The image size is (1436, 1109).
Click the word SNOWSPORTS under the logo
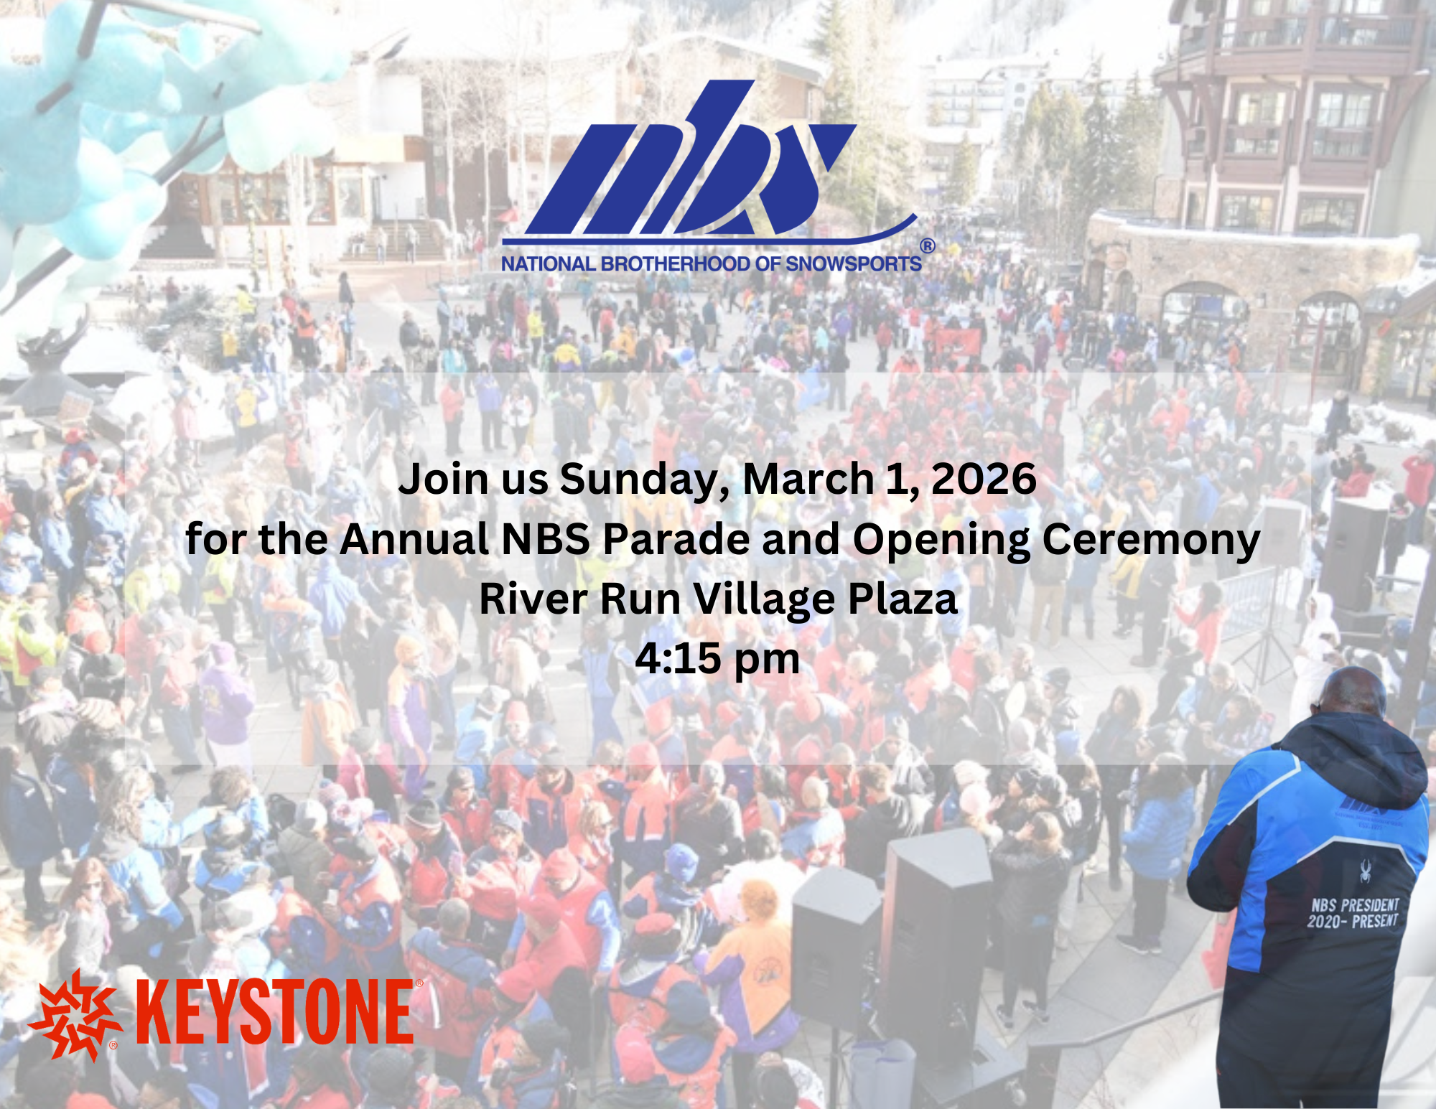854,264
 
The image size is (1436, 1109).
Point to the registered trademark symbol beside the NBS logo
928,246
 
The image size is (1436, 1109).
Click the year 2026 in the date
984,479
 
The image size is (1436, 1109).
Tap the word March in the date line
808,479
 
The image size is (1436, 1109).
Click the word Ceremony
1151,541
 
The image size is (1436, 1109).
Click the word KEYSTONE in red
274,1012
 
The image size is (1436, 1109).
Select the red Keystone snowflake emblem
75,1015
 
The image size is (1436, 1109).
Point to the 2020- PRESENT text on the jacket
1353,921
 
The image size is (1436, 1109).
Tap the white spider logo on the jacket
1365,871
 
